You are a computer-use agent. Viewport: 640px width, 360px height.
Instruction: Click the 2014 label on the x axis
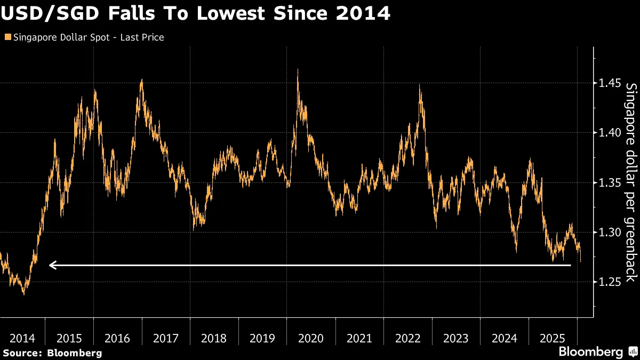(x=22, y=338)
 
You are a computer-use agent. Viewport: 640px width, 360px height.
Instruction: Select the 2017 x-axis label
(x=166, y=338)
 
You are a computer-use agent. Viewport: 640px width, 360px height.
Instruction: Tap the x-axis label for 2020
(x=311, y=338)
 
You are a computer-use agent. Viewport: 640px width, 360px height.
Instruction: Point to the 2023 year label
(x=456, y=338)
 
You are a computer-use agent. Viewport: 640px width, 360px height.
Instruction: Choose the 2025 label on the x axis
(x=553, y=338)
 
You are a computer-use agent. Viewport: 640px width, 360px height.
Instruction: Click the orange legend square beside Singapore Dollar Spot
(x=7, y=37)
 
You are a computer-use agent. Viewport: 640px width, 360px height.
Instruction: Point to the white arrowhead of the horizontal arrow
(x=52, y=265)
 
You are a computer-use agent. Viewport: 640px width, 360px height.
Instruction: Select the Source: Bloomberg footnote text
(x=52, y=353)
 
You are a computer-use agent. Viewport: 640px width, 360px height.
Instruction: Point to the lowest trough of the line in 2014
(x=23, y=294)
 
